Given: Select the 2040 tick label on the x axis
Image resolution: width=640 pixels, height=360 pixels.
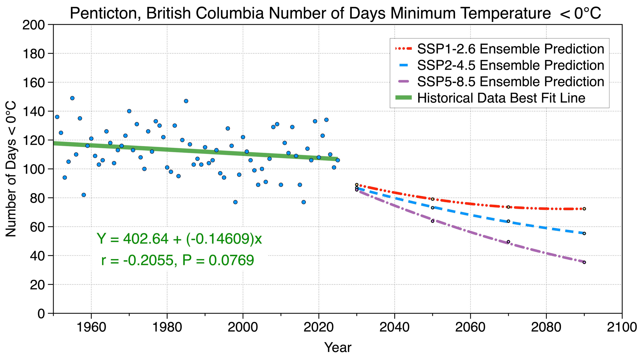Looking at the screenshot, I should point(394,327).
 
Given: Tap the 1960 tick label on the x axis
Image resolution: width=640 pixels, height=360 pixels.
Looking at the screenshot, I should point(91,327).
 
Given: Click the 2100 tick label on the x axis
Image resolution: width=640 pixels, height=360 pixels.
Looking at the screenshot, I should point(622,327).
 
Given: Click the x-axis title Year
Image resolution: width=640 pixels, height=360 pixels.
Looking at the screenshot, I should point(338,348).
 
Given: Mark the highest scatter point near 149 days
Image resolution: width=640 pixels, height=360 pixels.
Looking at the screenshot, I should point(72,98).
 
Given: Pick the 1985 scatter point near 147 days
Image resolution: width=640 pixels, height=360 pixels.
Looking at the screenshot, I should point(186,101).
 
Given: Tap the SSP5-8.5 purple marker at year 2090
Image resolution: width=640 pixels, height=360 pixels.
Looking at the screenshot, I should point(584,262).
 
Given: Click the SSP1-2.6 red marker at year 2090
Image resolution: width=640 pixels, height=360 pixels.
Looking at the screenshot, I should point(584,209).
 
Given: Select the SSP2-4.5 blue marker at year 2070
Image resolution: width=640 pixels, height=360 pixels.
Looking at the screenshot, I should point(508,221).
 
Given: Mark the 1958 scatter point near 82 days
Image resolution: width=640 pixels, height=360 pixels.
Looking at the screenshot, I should point(84,195).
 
